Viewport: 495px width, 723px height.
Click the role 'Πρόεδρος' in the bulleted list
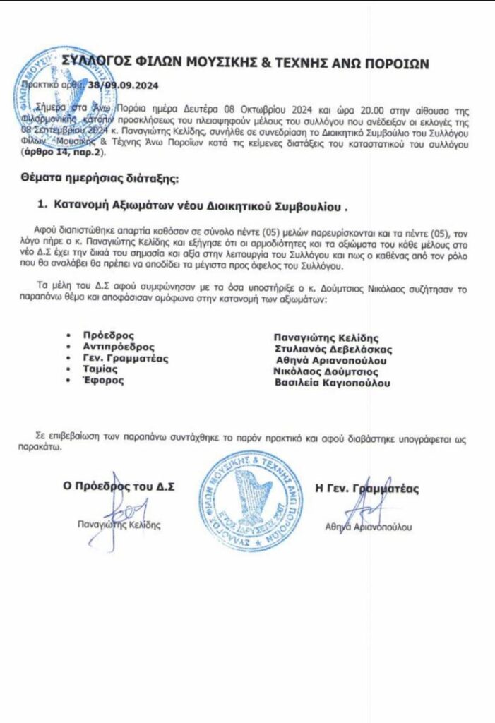(x=108, y=335)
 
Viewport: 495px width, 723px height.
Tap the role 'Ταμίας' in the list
(x=102, y=369)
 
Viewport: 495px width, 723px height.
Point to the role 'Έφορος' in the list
(x=103, y=381)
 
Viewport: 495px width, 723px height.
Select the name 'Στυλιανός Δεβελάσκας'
(x=333, y=349)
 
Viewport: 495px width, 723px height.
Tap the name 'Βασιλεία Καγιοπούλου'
(x=332, y=383)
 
